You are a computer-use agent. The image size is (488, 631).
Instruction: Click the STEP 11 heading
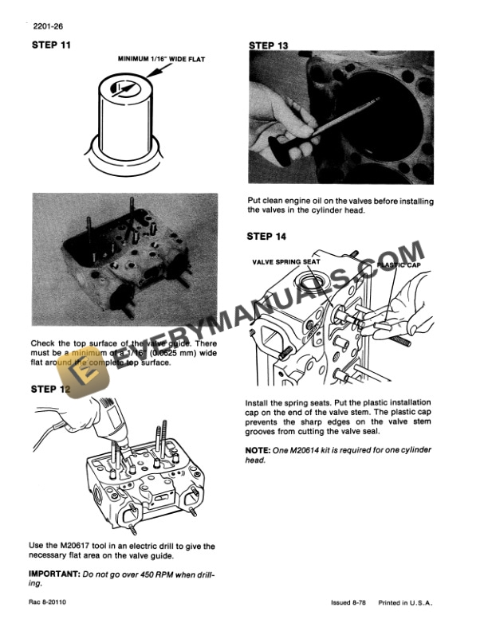pos(50,45)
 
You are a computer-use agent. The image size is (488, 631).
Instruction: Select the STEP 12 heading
pos(50,389)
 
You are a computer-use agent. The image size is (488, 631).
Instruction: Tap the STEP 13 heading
pos(269,45)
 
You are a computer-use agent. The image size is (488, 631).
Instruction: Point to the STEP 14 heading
pos(269,236)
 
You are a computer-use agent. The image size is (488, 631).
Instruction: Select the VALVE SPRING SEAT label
pos(286,261)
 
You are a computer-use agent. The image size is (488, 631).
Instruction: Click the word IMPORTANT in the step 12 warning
pos(57,574)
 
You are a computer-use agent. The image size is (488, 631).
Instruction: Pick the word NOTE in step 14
pos(261,450)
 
